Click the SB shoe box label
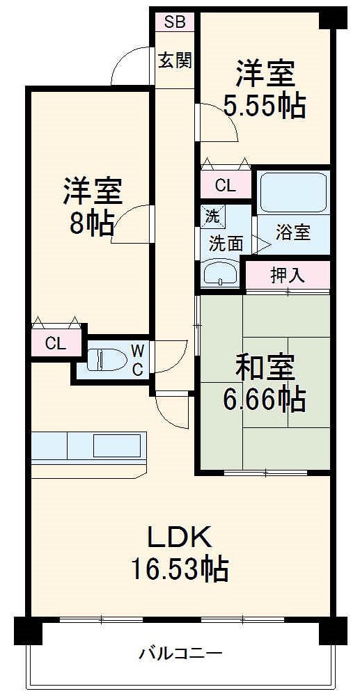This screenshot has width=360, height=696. (175, 21)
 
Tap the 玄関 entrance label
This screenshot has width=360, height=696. (175, 61)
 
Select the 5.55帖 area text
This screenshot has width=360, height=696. (264, 105)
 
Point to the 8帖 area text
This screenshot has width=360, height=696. (92, 222)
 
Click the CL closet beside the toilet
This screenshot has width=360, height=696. (55, 342)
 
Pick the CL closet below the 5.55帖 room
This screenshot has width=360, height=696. (225, 185)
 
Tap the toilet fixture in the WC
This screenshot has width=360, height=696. (106, 360)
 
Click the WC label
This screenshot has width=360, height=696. (138, 360)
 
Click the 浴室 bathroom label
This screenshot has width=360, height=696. (292, 233)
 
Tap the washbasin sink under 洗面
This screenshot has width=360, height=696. (220, 273)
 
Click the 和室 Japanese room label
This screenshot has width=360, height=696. (264, 366)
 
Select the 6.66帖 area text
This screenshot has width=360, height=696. (264, 399)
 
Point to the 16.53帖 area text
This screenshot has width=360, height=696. (179, 569)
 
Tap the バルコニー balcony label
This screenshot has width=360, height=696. (180, 654)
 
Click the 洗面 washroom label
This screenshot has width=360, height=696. (226, 243)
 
